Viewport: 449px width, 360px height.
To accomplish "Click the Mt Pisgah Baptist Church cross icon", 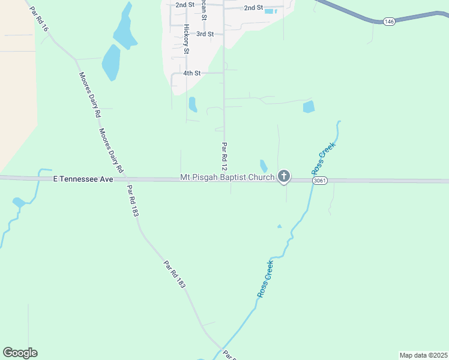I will [284, 176].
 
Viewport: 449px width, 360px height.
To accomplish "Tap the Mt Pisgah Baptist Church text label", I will [227, 178].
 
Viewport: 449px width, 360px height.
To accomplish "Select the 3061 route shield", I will [319, 180].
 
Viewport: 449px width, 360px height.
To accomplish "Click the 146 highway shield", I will [389, 22].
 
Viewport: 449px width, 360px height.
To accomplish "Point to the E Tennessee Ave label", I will [83, 179].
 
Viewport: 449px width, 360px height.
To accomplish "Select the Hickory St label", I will [187, 39].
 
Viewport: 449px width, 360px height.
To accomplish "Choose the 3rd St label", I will [205, 34].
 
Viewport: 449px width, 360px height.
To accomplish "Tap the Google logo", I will [20, 353].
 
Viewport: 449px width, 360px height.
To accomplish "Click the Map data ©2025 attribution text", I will [423, 355].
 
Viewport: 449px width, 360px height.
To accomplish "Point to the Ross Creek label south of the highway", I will [265, 279].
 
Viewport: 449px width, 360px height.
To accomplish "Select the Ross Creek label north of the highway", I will [324, 156].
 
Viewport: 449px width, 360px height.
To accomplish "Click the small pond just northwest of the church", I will [264, 166].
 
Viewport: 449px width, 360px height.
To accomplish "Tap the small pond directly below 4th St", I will [193, 104].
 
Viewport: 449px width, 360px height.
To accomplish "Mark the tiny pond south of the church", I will [279, 226].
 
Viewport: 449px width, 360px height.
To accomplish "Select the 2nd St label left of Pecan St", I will [185, 5].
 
